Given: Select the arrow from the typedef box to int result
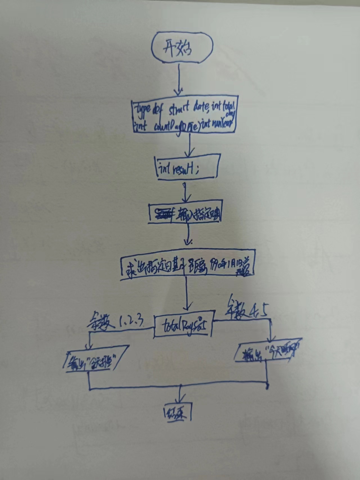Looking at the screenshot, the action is click(190, 145).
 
